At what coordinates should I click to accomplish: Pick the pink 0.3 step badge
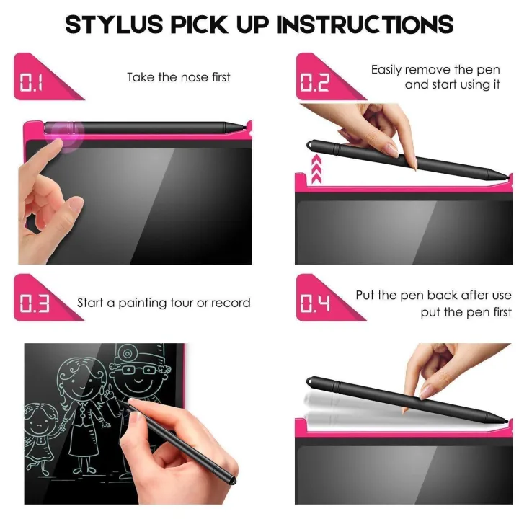[x=33, y=303]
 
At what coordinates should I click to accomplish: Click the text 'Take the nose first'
[x=178, y=77]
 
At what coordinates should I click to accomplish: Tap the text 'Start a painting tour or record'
[x=164, y=303]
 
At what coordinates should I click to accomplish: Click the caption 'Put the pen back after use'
[x=433, y=296]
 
